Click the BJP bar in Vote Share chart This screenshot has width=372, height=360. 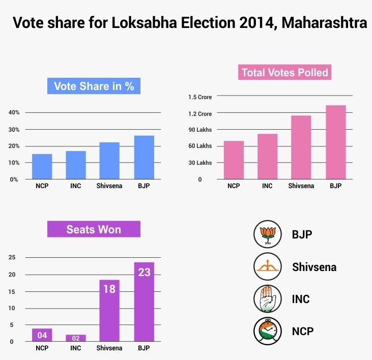144,157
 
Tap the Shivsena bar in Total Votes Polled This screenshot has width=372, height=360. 300,147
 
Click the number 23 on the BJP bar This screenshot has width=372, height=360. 144,273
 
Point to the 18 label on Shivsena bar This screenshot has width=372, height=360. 109,289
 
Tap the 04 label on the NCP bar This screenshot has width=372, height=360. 42,335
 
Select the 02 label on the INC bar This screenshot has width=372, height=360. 75,338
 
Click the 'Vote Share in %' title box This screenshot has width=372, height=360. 94,86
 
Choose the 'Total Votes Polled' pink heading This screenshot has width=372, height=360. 285,72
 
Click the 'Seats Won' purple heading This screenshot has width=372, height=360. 94,229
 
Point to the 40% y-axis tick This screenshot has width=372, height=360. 14,112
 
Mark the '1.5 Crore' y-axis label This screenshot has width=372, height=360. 200,97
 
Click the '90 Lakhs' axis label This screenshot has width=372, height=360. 200,130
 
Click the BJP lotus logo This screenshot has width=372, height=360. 267,234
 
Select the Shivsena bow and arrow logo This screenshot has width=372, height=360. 267,266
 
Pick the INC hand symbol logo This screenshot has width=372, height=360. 267,298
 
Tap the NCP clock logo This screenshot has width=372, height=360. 267,331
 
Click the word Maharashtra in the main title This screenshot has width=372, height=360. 324,23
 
